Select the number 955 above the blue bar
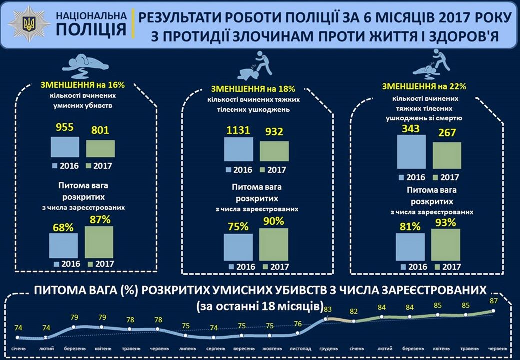point(65,127)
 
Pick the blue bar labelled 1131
point(239,149)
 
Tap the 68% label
point(64,227)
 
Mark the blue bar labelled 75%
point(238,247)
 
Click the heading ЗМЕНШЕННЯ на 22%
point(424,86)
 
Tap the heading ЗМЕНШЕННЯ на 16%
point(82,85)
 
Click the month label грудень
point(328,348)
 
